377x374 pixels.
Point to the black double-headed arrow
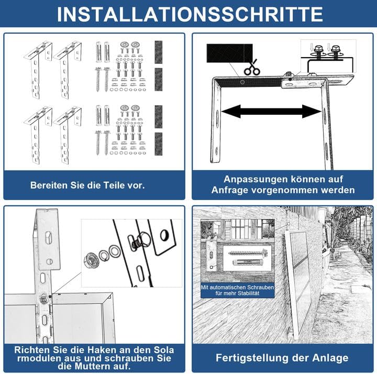[x=271, y=112]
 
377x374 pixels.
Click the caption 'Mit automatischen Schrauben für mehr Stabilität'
[x=230, y=290]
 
